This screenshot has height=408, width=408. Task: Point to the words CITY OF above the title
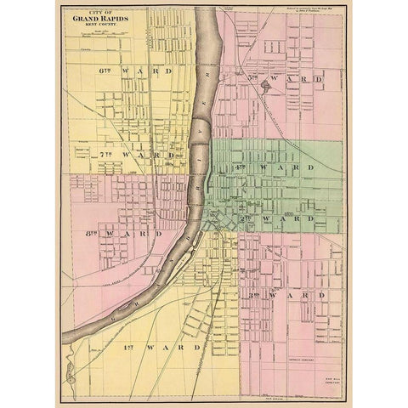pos(100,12)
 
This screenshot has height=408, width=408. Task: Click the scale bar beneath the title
pos(100,34)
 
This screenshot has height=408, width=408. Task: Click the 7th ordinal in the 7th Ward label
pos(106,156)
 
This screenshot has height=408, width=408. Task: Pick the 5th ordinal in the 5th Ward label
pos(252,77)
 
